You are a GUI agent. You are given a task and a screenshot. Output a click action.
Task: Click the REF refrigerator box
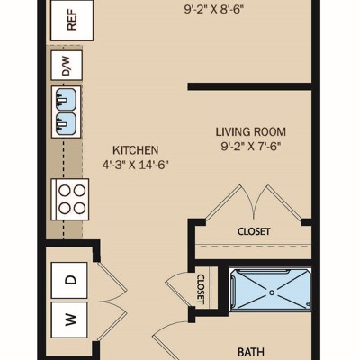(72, 21)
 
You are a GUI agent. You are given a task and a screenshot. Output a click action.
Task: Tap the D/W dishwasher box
(67, 65)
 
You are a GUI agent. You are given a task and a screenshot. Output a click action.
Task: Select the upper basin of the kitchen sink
(67, 99)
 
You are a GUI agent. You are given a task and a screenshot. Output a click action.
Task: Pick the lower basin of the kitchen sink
(67, 123)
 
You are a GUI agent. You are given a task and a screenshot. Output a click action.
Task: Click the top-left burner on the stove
(64, 191)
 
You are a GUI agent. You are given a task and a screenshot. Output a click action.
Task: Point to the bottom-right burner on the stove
(79, 208)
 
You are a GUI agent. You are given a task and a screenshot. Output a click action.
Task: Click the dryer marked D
(69, 280)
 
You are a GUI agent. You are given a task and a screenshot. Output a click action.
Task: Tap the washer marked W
(69, 319)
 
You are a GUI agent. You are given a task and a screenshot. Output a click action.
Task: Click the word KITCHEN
(135, 150)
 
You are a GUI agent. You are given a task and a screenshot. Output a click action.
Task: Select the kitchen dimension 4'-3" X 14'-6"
(136, 165)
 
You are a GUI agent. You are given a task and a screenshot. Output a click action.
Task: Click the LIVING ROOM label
(251, 132)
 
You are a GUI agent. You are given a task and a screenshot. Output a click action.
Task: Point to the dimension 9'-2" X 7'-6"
(251, 147)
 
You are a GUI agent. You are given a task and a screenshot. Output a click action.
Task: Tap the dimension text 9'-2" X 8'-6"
(213, 10)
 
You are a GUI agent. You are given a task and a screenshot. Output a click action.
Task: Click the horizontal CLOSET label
(254, 231)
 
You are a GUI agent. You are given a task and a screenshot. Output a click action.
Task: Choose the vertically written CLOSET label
(201, 289)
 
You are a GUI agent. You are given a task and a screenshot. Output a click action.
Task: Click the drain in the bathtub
(272, 292)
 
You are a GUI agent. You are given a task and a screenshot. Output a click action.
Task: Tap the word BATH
(251, 352)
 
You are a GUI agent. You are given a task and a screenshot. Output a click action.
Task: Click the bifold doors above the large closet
(254, 204)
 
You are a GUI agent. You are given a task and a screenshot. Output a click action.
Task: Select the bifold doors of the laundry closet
(112, 301)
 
